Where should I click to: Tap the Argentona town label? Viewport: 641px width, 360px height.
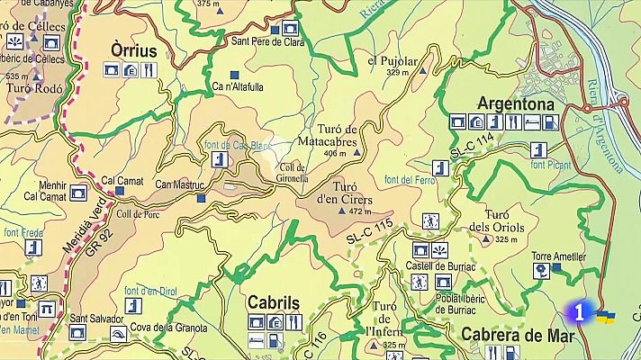click(516, 103)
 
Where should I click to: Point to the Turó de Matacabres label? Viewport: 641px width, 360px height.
click(338, 136)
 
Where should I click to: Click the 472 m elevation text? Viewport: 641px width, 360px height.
click(360, 211)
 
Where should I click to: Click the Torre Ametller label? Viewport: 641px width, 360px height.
click(558, 256)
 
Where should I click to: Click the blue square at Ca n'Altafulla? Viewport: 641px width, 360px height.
click(235, 75)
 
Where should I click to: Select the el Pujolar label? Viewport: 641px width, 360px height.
click(393, 61)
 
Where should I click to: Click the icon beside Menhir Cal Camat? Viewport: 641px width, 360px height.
click(77, 191)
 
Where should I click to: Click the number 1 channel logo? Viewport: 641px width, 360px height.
click(579, 313)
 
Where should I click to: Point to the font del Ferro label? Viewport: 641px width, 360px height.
click(411, 180)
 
